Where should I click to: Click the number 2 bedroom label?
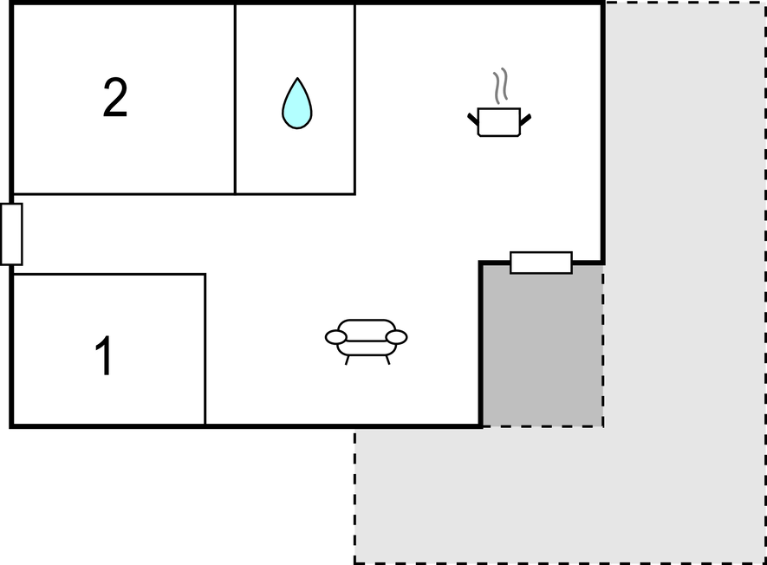point(115,97)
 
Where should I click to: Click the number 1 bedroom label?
point(104,355)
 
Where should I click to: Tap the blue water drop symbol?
point(297,103)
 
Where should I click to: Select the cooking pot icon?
point(499,121)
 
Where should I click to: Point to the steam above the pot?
point(500,86)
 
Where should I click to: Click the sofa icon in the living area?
point(367,341)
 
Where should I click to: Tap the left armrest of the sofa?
point(336,337)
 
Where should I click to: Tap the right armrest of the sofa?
point(396,337)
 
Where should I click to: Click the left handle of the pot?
point(473,120)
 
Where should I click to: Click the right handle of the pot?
point(525,120)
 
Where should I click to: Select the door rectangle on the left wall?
point(11,234)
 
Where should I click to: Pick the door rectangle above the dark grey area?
point(541,263)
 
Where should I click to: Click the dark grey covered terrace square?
point(543,346)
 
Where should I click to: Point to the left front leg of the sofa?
point(347,360)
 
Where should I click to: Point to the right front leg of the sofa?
point(387,360)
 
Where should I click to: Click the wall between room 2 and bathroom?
point(235,100)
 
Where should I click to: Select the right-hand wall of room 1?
point(205,350)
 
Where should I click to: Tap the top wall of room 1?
point(108,275)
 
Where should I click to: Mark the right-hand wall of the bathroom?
point(354,100)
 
